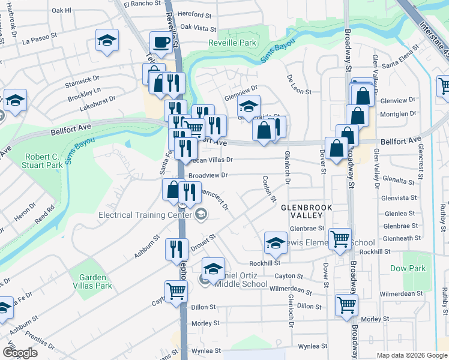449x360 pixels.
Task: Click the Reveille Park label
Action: pos(232,43)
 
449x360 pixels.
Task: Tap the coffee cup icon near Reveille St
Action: pos(161,43)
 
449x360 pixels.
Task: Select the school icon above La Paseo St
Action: pos(107,40)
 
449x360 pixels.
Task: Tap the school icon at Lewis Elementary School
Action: pos(275,242)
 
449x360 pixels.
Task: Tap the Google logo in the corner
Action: pos(20,353)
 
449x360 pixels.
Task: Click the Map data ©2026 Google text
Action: pos(411,355)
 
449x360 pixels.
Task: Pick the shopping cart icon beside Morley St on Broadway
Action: pos(346,305)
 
